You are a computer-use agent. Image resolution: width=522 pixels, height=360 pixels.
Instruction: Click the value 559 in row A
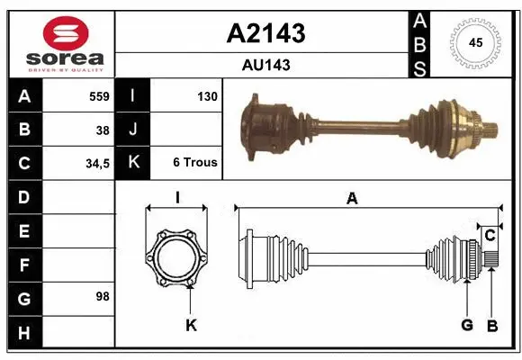tap(99, 96)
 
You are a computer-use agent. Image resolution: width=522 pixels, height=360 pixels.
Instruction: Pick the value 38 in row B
tap(102, 130)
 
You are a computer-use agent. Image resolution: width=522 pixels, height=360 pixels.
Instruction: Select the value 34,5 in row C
tap(97, 163)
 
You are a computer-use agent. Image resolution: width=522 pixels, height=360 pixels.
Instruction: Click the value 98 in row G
tap(102, 296)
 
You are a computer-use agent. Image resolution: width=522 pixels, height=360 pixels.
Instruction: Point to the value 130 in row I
tap(206, 96)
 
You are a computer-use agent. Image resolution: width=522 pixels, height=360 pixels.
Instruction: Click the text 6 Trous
tap(194, 163)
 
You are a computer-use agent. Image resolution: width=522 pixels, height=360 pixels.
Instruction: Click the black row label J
tap(132, 130)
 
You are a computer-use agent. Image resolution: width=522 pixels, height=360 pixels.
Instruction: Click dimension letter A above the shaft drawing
tap(352, 199)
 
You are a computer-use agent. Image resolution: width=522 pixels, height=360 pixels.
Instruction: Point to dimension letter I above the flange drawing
tap(177, 197)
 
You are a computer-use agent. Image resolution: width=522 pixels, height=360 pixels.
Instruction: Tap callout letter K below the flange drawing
tap(191, 326)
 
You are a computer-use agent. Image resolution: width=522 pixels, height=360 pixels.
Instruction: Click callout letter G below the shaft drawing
tap(467, 325)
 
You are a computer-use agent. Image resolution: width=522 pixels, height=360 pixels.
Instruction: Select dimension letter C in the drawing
tap(490, 235)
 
